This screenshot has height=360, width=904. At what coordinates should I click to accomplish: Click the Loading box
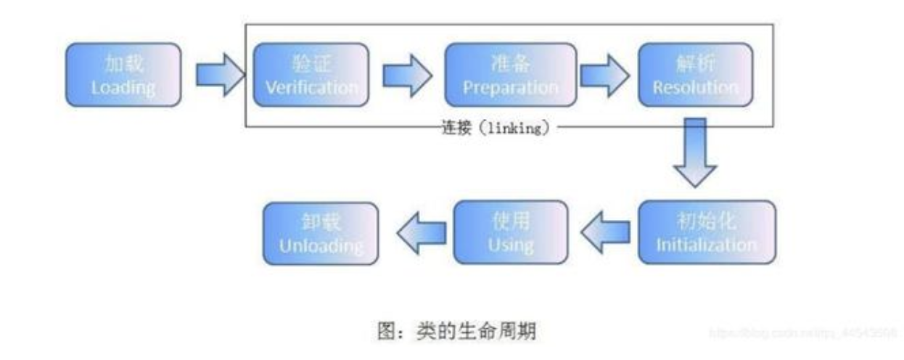(x=123, y=75)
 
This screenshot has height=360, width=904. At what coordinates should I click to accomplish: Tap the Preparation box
(x=510, y=75)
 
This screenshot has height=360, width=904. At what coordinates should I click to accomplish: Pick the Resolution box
(x=694, y=75)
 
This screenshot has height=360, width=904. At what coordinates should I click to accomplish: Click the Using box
(x=510, y=232)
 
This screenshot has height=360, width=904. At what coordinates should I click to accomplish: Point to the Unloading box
(x=321, y=232)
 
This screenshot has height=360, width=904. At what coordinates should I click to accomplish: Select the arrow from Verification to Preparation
(x=406, y=75)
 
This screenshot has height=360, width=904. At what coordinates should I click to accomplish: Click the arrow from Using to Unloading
(x=420, y=232)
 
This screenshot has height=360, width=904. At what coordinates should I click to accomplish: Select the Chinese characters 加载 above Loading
(x=123, y=64)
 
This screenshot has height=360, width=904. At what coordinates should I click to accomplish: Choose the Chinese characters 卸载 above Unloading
(x=321, y=221)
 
